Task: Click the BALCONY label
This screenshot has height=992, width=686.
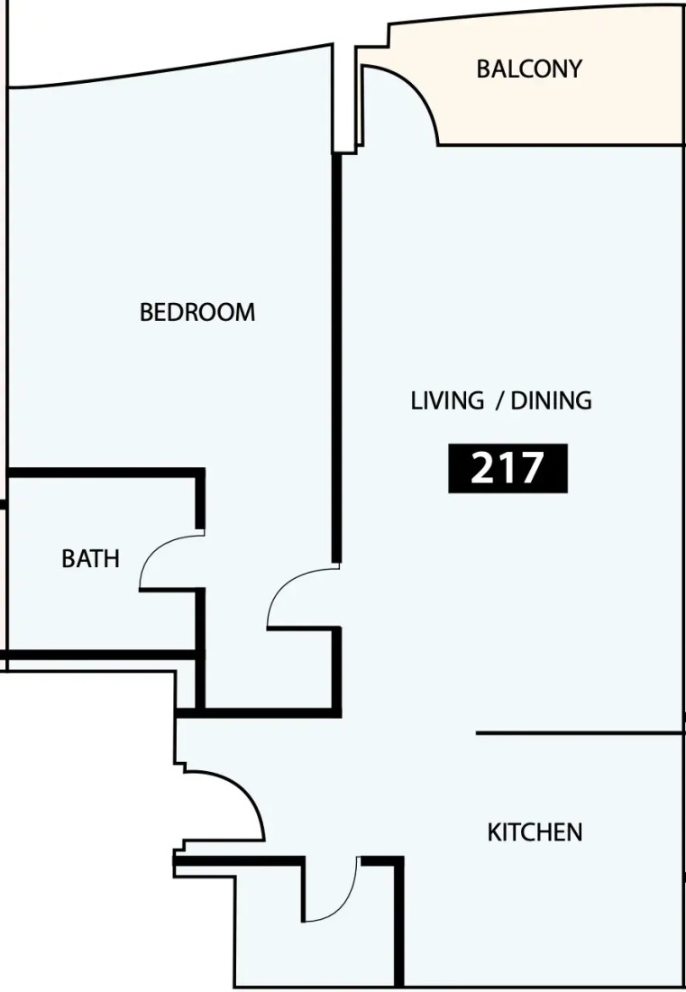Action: click(529, 69)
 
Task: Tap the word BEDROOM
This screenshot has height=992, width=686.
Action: click(197, 312)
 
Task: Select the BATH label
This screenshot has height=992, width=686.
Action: click(90, 558)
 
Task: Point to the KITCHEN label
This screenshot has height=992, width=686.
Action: click(535, 832)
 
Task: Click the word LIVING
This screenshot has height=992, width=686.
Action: click(448, 400)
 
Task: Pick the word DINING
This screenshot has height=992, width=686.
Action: click(552, 400)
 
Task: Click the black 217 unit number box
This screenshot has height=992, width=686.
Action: click(508, 468)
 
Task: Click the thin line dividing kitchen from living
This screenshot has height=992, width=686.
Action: click(580, 733)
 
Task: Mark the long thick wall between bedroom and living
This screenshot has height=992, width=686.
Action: click(337, 357)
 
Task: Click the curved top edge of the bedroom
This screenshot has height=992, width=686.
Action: click(170, 68)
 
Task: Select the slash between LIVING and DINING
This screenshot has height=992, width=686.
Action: click(500, 401)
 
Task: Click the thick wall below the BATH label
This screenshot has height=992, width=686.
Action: click(101, 654)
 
